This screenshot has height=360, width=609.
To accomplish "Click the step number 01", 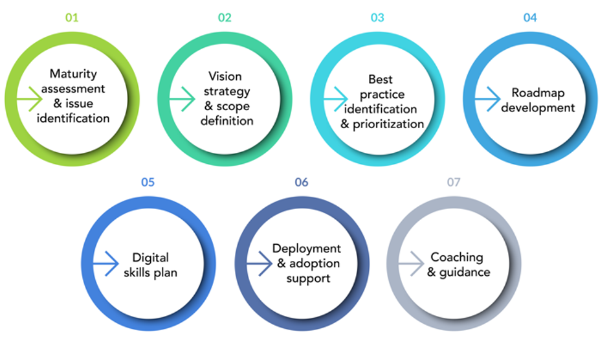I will coord(71,17).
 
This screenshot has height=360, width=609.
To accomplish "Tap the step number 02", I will coord(225,17).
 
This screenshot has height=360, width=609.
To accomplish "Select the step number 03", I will coord(377,17).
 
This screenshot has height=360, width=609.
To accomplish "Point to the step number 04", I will coord(530,17).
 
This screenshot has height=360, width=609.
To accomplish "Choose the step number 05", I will coord(148,182).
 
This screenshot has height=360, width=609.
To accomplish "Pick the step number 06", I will coord(302,182).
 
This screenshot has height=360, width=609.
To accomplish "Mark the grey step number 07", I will coord(454,182).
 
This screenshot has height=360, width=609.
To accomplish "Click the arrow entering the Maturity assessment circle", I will coord(28,100).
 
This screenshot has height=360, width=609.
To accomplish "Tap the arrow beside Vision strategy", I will coord(182,100).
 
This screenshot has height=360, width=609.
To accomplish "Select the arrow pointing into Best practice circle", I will coord(335,100).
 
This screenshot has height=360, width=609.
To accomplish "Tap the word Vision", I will coord(225,76).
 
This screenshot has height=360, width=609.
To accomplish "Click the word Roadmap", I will coord(538,93).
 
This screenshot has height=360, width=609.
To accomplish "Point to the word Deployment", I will coord(306,249).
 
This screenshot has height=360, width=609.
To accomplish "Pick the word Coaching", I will coord(457,257).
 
